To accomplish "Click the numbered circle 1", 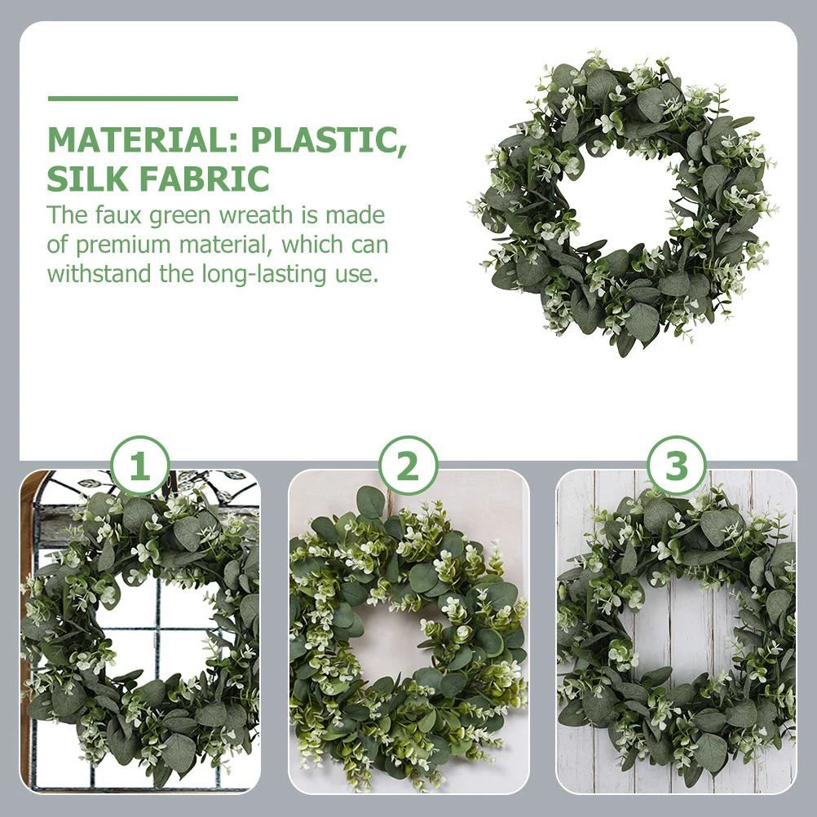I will point(140,467).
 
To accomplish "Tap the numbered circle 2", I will point(408,467).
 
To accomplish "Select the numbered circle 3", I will point(677,467).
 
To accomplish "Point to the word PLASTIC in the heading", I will point(328,140).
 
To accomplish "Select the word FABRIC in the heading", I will point(208,178).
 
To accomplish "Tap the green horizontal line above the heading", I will point(143,99).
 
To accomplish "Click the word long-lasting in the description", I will point(264,273).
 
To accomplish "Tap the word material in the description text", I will point(227,245).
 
